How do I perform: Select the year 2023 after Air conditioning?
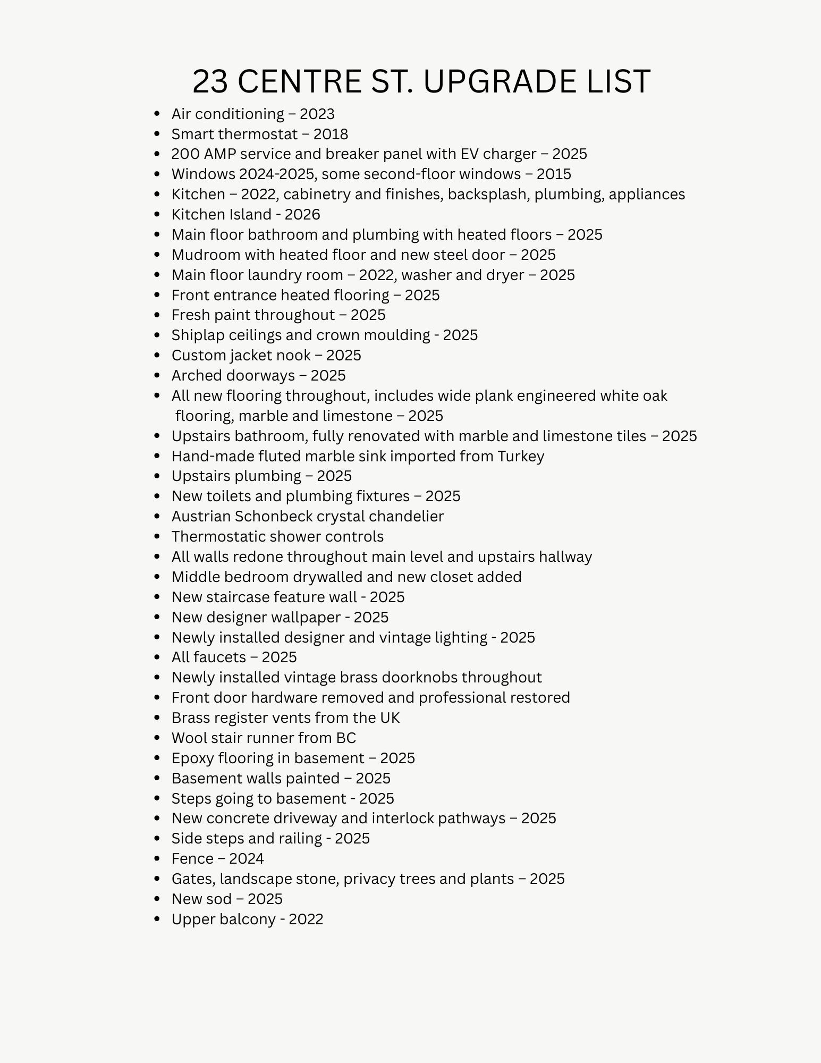point(317,114)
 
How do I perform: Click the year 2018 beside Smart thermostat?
point(331,134)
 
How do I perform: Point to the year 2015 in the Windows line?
point(554,174)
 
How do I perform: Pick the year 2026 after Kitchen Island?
point(302,214)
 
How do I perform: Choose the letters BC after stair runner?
point(346,738)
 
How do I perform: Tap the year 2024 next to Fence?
point(247,858)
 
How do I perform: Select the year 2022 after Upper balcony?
point(306,919)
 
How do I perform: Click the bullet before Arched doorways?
point(156,375)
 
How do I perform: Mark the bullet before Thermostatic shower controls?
point(156,536)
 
